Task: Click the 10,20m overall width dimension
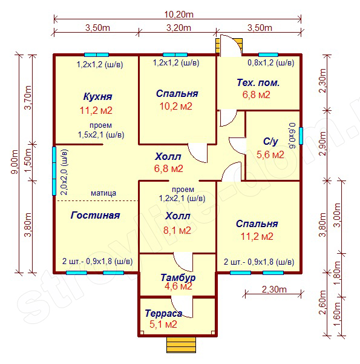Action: (x=179, y=15)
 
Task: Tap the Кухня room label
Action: (x=97, y=96)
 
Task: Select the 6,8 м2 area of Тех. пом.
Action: (x=257, y=94)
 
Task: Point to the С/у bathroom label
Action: (x=270, y=141)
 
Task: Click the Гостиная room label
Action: (x=95, y=216)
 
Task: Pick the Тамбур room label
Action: (x=178, y=277)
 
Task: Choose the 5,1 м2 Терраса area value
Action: (x=163, y=324)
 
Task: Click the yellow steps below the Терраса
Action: (x=181, y=345)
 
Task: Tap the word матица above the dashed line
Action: (x=103, y=193)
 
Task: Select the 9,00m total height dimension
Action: (x=15, y=162)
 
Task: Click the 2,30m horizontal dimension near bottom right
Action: (x=274, y=290)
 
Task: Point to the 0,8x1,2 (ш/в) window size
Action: (x=271, y=62)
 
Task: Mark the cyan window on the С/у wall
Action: (x=301, y=136)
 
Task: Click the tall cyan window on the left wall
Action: (x=54, y=171)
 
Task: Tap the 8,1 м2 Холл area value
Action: (x=177, y=230)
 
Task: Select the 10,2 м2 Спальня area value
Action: (x=176, y=107)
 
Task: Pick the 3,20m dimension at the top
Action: (x=178, y=28)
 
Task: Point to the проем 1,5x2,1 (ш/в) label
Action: (x=101, y=130)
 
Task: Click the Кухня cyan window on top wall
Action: (x=96, y=55)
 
